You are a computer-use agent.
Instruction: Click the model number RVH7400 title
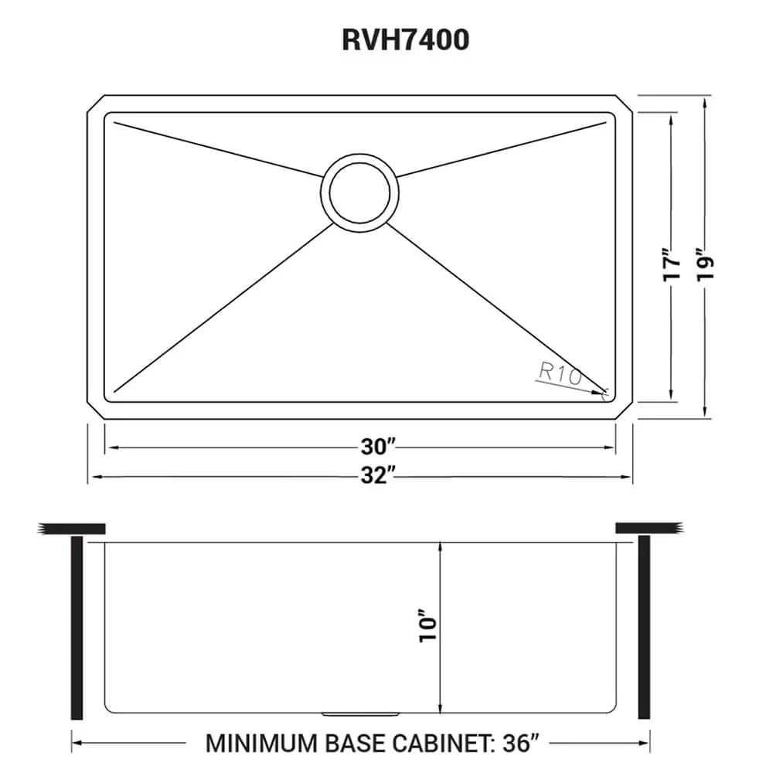[x=405, y=40]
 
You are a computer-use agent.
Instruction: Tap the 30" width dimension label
[x=378, y=447]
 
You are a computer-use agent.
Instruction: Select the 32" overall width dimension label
[x=378, y=475]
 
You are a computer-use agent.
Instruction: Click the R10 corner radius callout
[x=560, y=373]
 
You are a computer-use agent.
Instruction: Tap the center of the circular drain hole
[x=360, y=192]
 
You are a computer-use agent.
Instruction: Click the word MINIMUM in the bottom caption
[x=261, y=744]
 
